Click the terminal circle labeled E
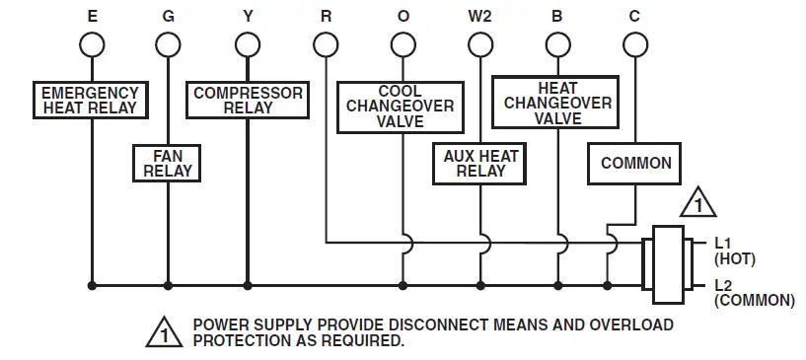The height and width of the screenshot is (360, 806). tap(92, 45)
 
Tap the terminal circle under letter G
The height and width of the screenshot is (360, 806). tap(169, 45)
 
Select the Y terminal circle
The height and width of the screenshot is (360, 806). tap(247, 45)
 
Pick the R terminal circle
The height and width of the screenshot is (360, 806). tap(326, 45)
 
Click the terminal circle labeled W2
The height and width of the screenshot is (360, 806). tap(480, 45)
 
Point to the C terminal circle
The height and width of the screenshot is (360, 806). tap(635, 45)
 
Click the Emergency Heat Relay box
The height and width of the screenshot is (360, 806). tap(90, 100)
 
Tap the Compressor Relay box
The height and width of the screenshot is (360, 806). tap(247, 100)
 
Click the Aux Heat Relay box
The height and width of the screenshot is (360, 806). tap(480, 164)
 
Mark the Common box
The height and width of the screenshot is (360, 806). tap(635, 163)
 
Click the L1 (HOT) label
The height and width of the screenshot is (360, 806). tap(733, 251)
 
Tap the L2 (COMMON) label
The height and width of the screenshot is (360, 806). tap(752, 293)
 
